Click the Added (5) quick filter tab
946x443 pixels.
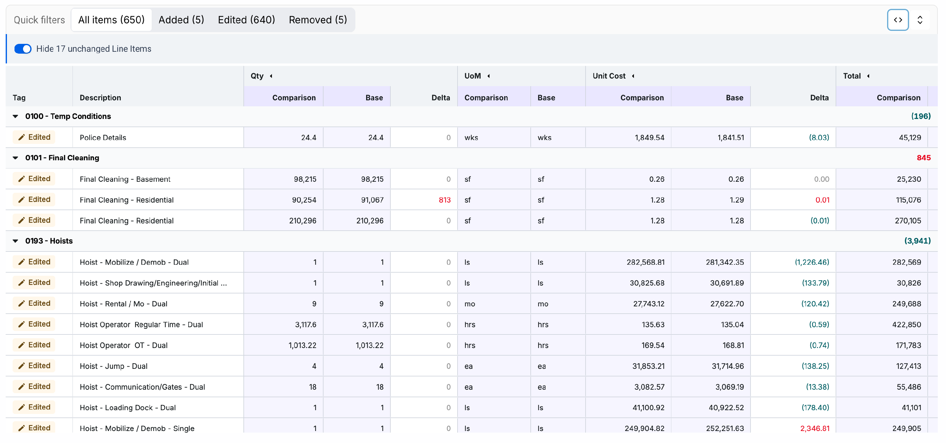tap(181, 20)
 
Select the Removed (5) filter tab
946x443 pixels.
tap(318, 20)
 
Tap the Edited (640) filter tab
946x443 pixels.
tap(246, 20)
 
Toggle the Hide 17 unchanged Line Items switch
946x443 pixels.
tap(23, 49)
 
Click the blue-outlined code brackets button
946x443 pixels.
tap(897, 20)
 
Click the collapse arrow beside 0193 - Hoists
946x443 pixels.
tap(15, 241)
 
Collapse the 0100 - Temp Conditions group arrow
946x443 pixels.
tap(15, 116)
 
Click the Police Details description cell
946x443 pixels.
tap(103, 137)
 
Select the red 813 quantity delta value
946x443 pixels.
tap(444, 200)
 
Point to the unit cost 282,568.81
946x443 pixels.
tap(645, 262)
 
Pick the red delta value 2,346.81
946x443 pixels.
tap(815, 428)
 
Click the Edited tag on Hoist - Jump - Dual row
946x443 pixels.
tap(34, 366)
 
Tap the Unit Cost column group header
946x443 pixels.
tap(609, 76)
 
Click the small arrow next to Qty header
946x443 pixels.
tap(271, 76)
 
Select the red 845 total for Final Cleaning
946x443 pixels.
tap(923, 158)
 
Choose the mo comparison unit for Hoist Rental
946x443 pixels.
tap(470, 304)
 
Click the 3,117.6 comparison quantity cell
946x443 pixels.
tap(306, 325)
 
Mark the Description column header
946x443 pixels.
tap(100, 98)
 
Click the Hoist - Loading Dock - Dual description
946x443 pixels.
tap(128, 408)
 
